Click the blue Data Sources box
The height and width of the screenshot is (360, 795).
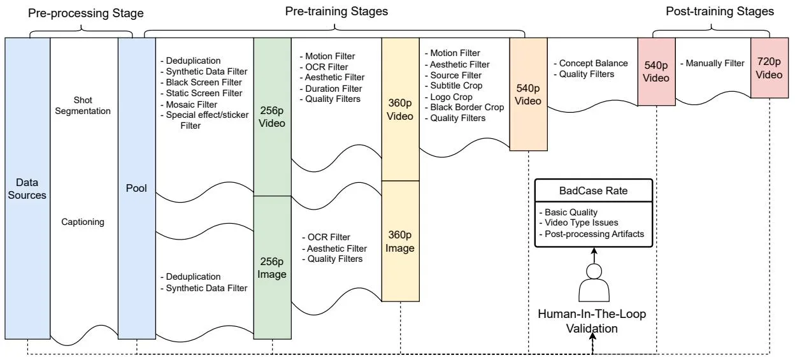coord(27,188)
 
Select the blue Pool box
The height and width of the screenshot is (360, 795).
coord(136,188)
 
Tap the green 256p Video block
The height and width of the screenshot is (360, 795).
coord(272,117)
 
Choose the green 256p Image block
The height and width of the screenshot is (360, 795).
coord(272,268)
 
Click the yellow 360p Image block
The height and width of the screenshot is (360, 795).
coord(400,241)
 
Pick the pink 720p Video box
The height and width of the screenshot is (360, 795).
coord(770,68)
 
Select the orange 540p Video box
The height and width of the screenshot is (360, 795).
coord(529,94)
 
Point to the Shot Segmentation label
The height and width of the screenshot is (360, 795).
coord(83,105)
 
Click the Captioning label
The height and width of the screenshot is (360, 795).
coord(83,222)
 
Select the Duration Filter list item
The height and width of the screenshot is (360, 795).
coord(331,89)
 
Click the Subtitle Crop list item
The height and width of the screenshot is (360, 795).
coord(454,85)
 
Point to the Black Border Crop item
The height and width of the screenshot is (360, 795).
coord(464,107)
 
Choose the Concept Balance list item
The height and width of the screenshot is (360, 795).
coord(591,63)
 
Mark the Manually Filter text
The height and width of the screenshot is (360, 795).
coord(712,63)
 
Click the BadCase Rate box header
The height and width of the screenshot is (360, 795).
coord(594,191)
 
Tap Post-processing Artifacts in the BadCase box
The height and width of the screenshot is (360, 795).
coord(592,234)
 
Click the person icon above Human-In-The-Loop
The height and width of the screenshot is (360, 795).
coord(594,283)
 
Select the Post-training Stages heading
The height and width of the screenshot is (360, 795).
coord(720,11)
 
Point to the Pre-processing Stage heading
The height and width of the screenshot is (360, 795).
coord(86,13)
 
